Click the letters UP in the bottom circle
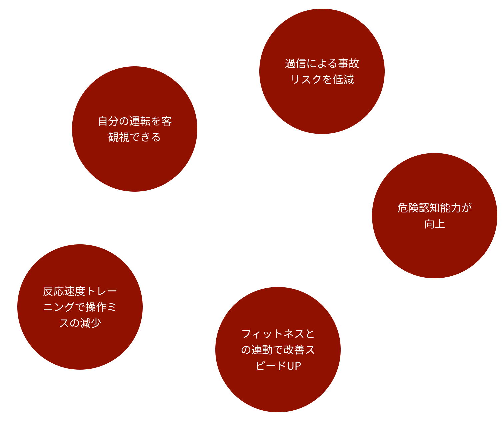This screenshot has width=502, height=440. [x=294, y=366]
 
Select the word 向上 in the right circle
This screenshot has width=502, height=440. [x=434, y=224]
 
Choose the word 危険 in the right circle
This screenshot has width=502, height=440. [x=408, y=208]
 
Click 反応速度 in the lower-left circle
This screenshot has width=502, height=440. [x=64, y=291]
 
